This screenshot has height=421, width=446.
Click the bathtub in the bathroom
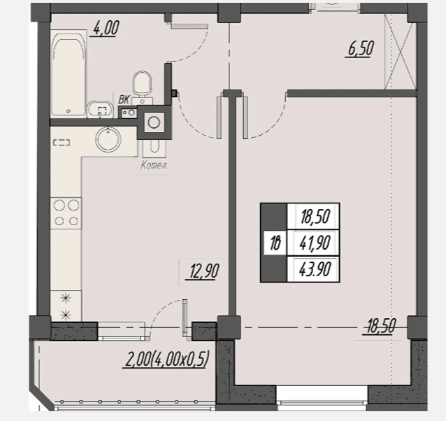click(x=69, y=73)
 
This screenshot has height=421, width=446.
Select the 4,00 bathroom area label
click(x=106, y=29)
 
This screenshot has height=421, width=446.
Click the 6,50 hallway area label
click(x=360, y=49)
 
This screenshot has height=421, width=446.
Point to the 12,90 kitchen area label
click(x=203, y=271)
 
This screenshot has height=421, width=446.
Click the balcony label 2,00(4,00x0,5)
click(x=166, y=359)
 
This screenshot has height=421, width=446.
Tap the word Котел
click(x=154, y=165)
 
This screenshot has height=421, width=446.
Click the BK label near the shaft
click(x=124, y=99)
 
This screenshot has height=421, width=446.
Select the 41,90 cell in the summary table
click(x=314, y=243)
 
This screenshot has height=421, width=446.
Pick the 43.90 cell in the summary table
click(x=314, y=269)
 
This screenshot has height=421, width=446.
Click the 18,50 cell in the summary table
click(x=314, y=216)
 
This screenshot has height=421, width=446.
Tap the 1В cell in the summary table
click(x=275, y=243)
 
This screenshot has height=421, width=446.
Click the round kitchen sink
click(x=108, y=139)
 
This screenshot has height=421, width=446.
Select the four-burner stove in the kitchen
click(x=66, y=213)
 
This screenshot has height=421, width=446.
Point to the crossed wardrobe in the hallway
click(x=400, y=52)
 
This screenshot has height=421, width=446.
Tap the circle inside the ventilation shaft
click(x=154, y=122)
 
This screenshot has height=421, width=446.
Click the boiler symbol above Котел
click(x=154, y=148)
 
